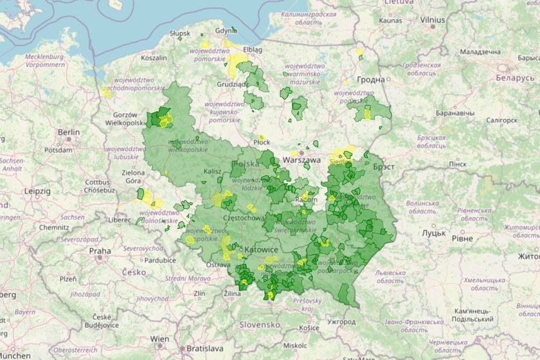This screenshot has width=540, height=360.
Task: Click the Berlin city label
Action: pos(68,132)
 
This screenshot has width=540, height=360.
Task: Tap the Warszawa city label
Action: pos(301,159)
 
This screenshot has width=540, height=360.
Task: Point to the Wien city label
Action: pos(159,338)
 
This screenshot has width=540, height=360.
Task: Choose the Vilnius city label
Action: pos(432,20)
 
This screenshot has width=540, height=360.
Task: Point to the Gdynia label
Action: pos(226,30)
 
